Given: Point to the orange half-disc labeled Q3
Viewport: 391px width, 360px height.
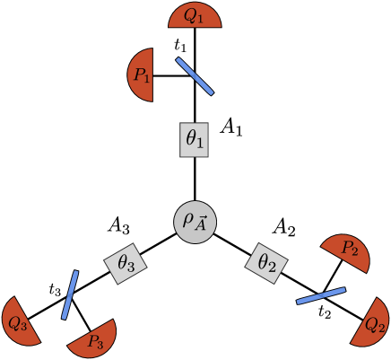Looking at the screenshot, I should (20, 320).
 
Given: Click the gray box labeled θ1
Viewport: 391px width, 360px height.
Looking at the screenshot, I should (195, 140).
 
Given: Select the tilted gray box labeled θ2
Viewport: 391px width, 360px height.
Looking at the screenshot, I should (266, 263).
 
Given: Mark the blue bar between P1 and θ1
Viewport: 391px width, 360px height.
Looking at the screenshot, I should (195, 76).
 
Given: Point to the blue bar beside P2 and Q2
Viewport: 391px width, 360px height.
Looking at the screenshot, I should (321, 295).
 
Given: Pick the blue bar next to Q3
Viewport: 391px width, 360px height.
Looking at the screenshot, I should (70, 294).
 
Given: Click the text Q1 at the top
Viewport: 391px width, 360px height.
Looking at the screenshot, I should (195, 16).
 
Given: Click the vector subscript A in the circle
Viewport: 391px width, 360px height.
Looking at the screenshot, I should (201, 224).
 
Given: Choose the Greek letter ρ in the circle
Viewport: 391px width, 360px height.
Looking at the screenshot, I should (188, 218).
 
